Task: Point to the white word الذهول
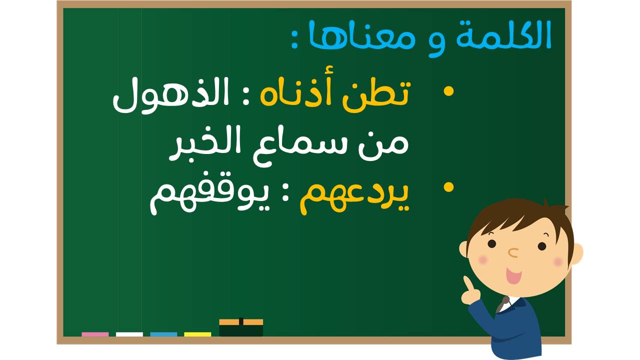pos(171,95)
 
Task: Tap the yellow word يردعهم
pos(354,197)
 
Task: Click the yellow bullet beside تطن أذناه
pos(448,91)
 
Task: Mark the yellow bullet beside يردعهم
pos(448,187)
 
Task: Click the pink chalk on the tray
pos(95,334)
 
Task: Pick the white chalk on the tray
pos(129,334)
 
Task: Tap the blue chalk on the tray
pos(163,334)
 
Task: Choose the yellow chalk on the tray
pos(197,334)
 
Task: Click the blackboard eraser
pos(241,327)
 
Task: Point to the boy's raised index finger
pos(468,284)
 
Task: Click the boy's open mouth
pos(513,275)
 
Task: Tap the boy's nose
pos(513,252)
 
